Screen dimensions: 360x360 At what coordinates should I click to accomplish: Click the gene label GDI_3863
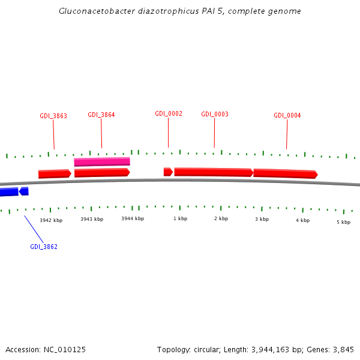pyautogui.click(x=53, y=116)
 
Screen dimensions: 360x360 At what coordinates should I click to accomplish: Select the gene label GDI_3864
pyautogui.click(x=101, y=115)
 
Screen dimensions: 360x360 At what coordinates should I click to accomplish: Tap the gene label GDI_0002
pyautogui.click(x=169, y=113)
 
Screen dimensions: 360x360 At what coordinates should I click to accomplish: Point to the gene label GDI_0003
pyautogui.click(x=215, y=114)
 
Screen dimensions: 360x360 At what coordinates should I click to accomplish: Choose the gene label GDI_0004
pyautogui.click(x=287, y=115)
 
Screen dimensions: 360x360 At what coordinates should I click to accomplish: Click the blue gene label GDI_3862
pyautogui.click(x=44, y=247)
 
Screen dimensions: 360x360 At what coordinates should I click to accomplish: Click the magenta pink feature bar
pyautogui.click(x=102, y=161)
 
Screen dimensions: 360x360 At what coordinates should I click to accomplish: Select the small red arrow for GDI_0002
pyautogui.click(x=168, y=172)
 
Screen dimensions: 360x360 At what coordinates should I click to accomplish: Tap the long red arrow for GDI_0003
pyautogui.click(x=213, y=172)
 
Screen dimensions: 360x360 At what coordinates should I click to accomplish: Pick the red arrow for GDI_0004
pyautogui.click(x=285, y=173)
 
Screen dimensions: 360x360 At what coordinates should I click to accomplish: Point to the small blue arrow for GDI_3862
pyautogui.click(x=24, y=191)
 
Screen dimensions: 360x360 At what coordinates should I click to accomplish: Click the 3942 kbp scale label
pyautogui.click(x=51, y=220)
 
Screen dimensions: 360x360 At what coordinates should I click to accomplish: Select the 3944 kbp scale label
pyautogui.click(x=133, y=218)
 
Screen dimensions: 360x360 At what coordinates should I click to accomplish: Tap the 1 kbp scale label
pyautogui.click(x=180, y=218)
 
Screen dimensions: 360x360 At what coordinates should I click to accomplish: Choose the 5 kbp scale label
pyautogui.click(x=343, y=222)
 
